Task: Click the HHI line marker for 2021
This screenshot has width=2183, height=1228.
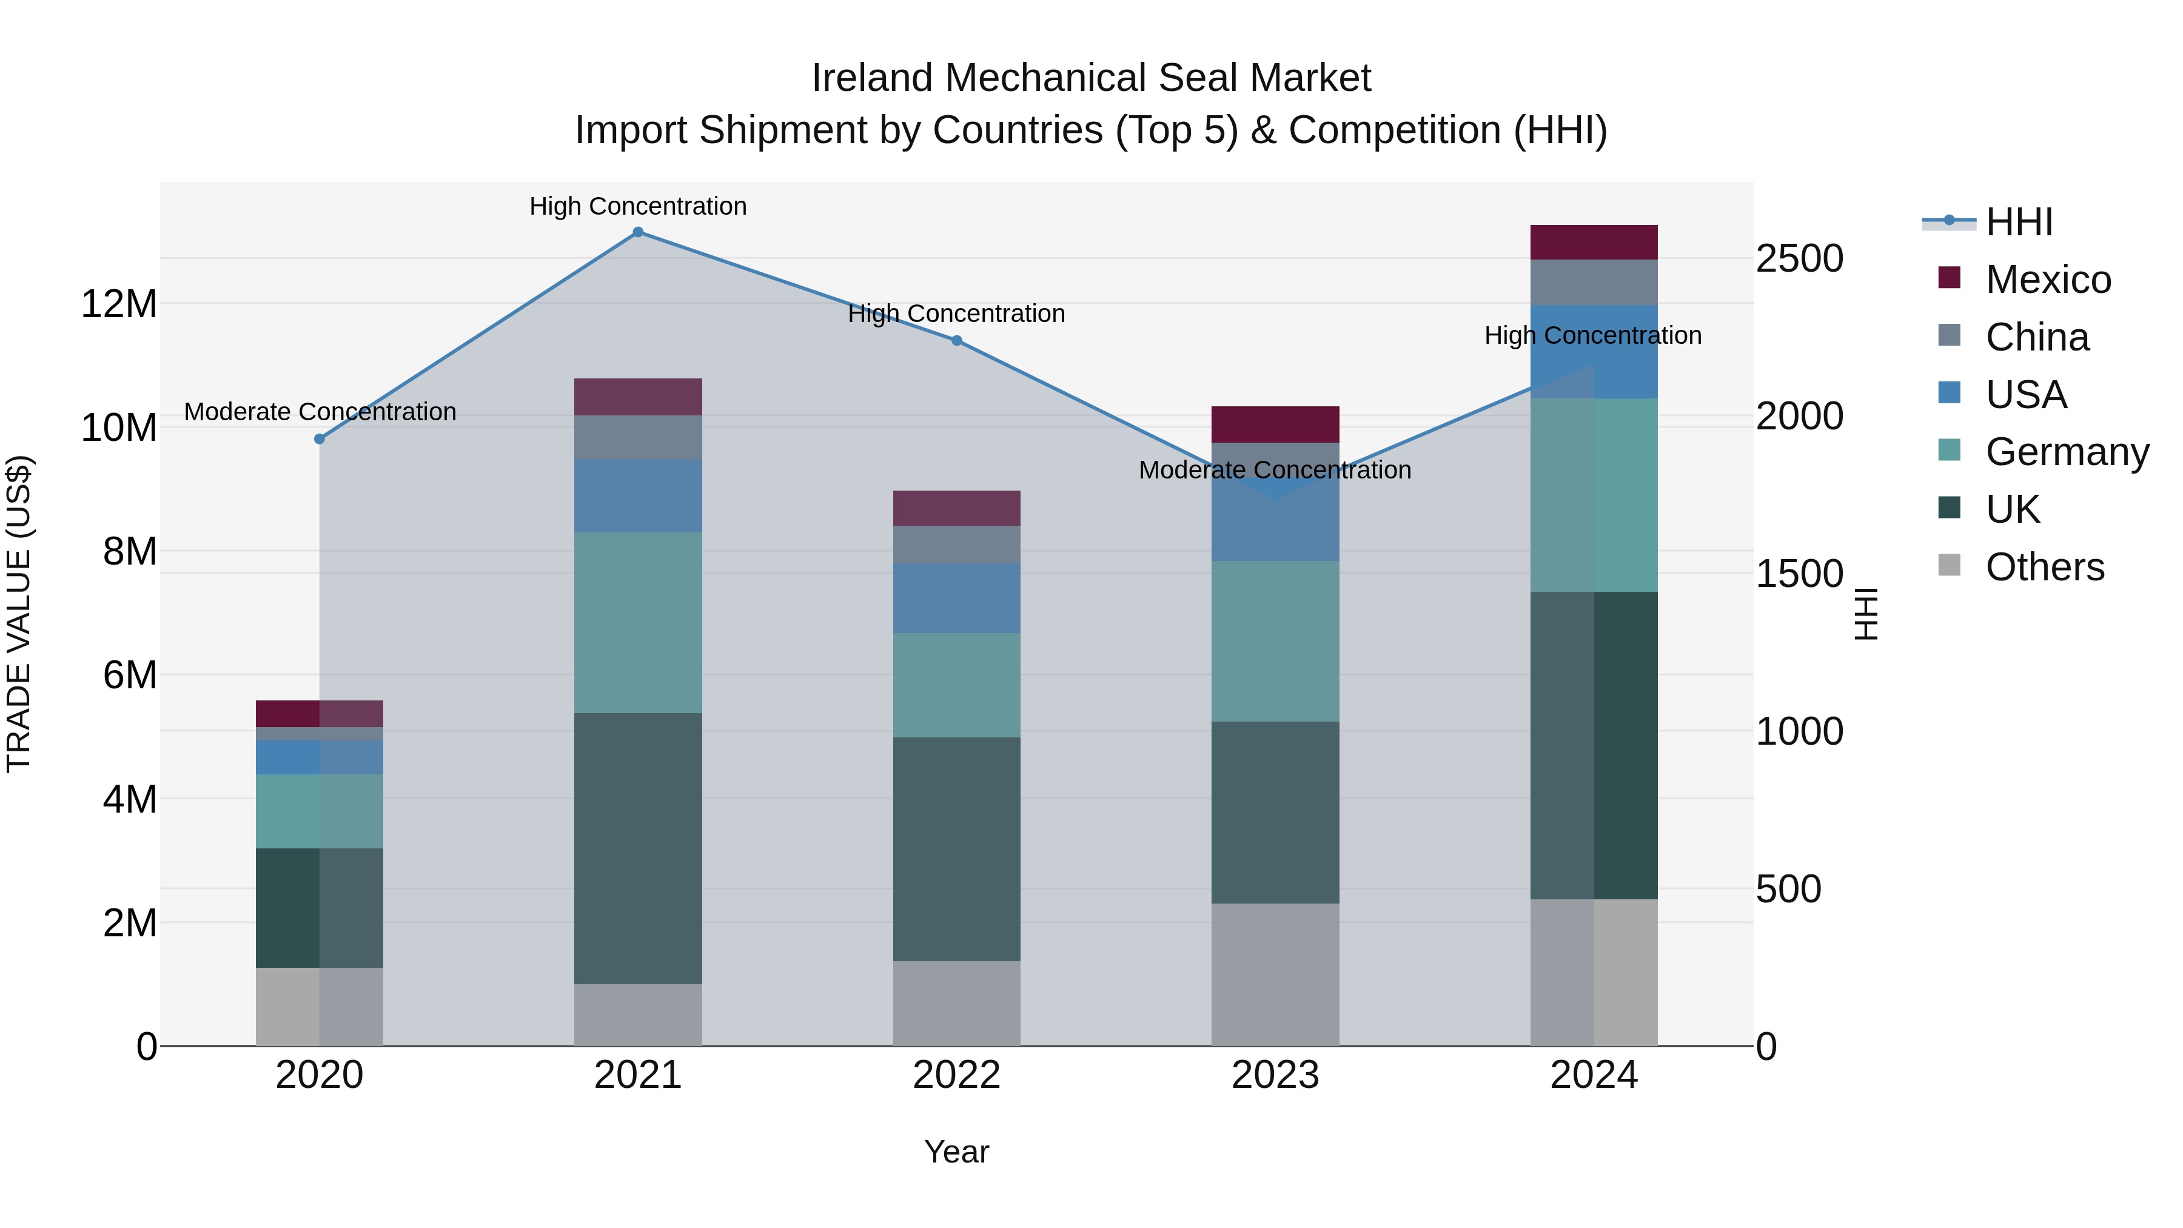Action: click(638, 232)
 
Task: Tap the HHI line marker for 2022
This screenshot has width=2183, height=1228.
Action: click(957, 341)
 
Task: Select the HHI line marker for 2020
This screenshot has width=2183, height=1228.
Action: click(320, 439)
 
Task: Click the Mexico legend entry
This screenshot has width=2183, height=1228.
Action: click(2047, 280)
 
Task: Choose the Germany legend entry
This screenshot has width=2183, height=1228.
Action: click(2066, 452)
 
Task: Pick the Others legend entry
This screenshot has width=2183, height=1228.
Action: click(2044, 567)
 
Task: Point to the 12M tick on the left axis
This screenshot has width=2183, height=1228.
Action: click(119, 303)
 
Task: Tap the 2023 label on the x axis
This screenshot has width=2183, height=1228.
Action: click(1275, 1075)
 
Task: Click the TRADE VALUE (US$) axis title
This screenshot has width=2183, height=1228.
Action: click(19, 614)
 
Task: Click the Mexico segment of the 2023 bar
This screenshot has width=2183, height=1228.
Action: click(1275, 424)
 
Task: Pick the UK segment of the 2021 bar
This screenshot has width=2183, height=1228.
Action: click(638, 848)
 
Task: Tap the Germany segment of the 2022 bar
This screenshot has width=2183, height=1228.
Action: click(957, 685)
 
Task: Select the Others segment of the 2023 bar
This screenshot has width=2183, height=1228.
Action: click(1275, 975)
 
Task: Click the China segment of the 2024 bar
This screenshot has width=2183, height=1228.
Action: click(1594, 282)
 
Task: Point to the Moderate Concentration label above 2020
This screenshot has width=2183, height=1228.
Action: click(320, 412)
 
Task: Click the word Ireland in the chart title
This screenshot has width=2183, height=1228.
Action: click(873, 78)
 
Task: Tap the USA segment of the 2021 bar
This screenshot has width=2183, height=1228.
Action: click(638, 496)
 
